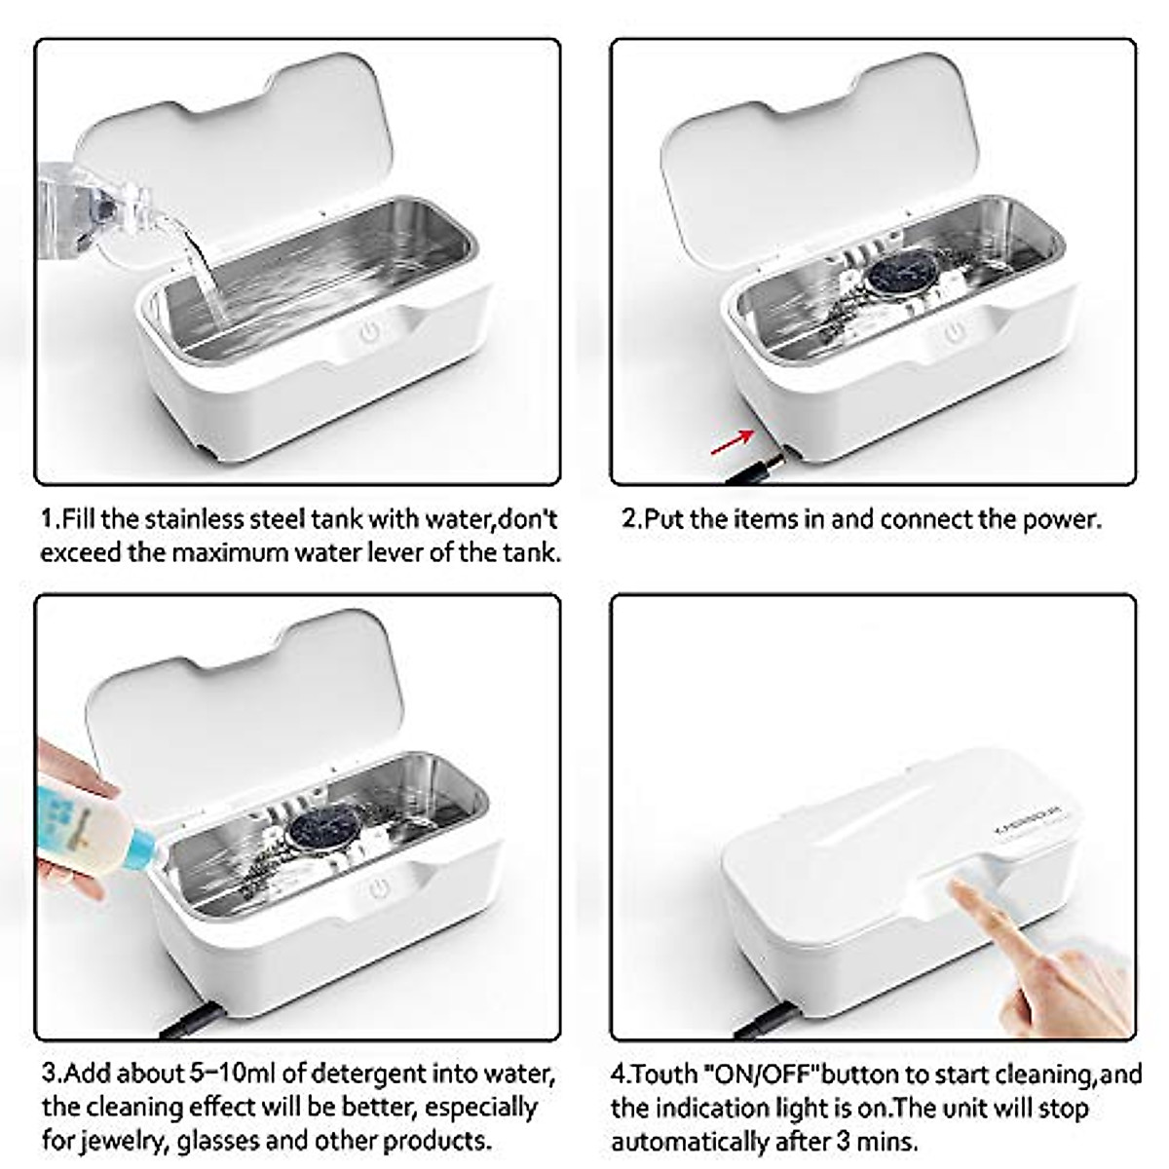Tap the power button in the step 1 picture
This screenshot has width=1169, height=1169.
[369, 333]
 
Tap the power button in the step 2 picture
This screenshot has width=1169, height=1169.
[954, 333]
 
